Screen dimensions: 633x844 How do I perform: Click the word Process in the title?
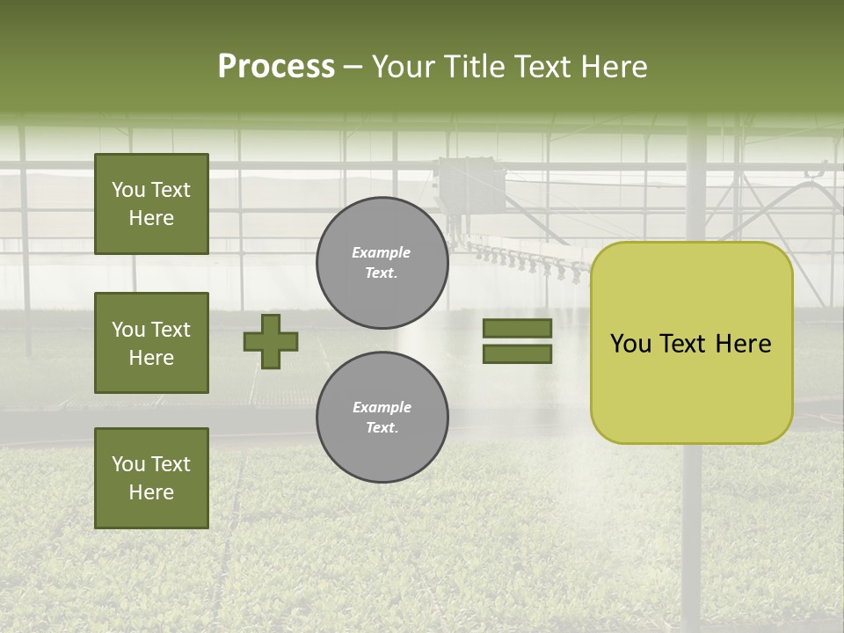tap(276, 67)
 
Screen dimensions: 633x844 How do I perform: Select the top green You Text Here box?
tap(151, 204)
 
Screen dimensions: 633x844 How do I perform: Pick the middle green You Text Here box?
tap(151, 343)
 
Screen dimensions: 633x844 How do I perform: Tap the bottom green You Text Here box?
tap(151, 478)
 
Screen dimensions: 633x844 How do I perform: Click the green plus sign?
tap(271, 341)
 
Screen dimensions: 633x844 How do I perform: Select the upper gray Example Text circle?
tap(382, 263)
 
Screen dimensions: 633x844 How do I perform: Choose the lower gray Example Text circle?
tap(382, 418)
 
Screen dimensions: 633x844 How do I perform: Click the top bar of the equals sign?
tap(517, 328)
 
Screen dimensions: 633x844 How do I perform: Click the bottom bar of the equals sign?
tap(517, 354)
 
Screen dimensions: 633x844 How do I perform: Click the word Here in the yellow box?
tap(743, 344)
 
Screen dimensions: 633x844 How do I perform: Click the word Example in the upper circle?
tap(382, 253)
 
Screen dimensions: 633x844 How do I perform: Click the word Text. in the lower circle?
tap(382, 428)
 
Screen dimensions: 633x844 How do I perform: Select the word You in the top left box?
tap(128, 190)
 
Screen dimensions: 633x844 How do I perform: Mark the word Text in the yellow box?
tap(683, 344)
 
